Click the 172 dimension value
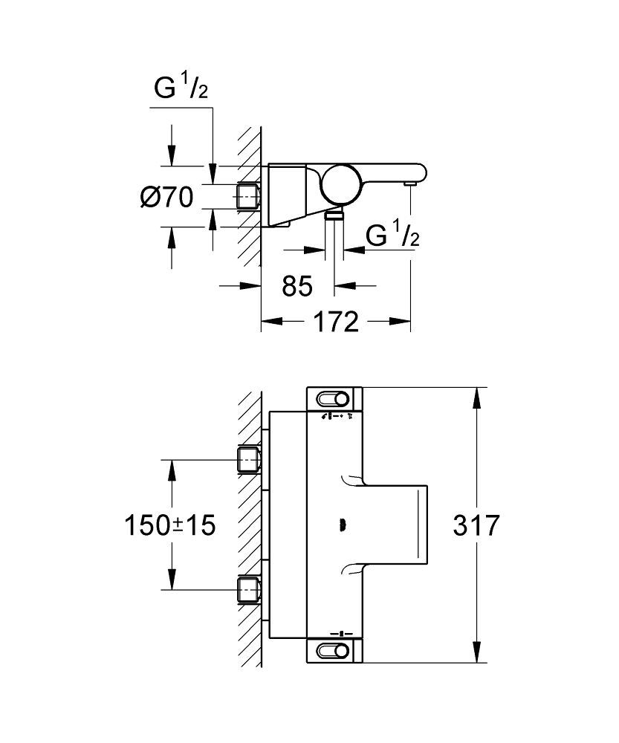(336, 322)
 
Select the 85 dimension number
(297, 285)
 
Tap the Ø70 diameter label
(166, 197)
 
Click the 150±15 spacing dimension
(169, 525)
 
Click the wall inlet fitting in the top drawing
(247, 196)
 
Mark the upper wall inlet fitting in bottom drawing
(247, 459)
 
